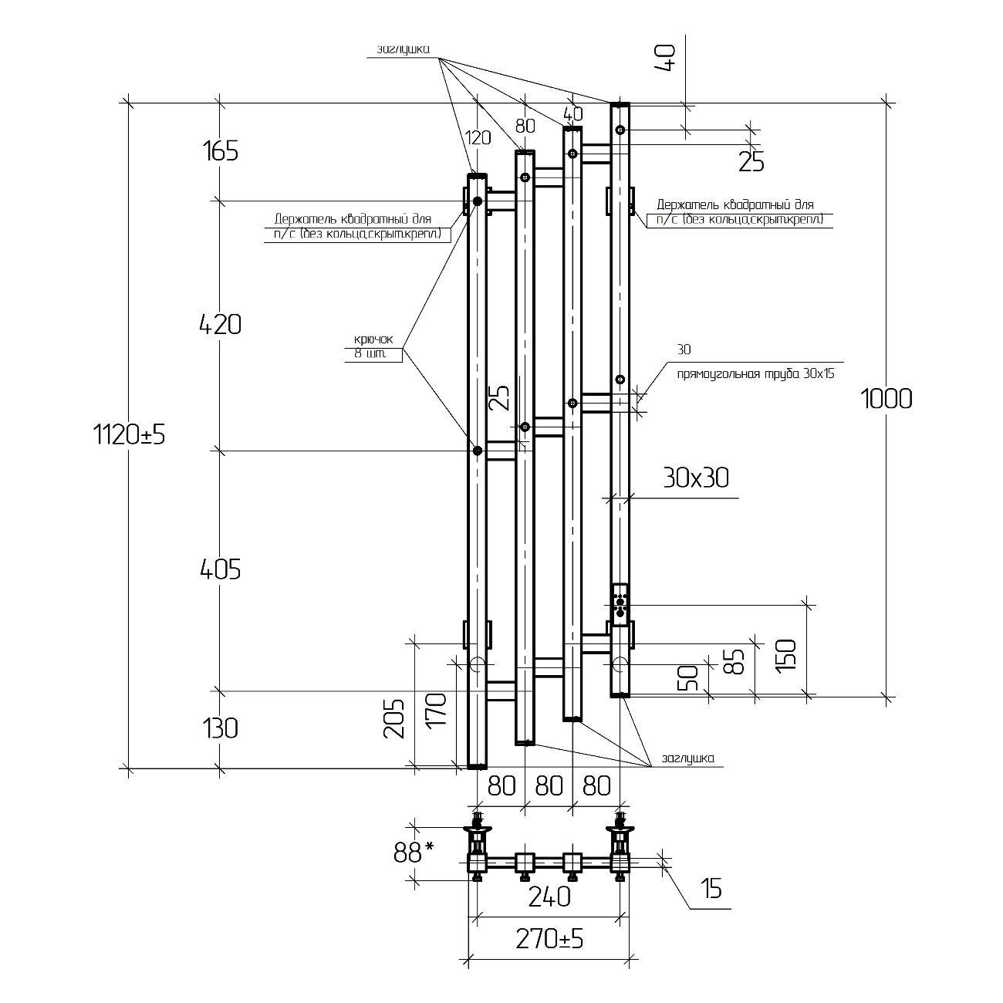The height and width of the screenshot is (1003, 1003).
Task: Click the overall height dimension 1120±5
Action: coord(130,435)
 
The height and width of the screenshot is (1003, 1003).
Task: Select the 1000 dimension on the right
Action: coord(886,399)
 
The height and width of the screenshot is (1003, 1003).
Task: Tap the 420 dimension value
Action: coord(220,325)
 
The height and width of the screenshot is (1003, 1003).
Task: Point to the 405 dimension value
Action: coord(220,569)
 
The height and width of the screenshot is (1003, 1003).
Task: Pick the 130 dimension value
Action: coord(220,728)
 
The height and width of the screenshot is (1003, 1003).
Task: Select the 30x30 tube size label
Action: coord(695,478)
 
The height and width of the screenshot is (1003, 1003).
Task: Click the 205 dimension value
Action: coord(394,718)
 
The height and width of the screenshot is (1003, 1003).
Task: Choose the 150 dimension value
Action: coord(785,656)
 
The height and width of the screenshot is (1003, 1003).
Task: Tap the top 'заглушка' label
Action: coord(403,50)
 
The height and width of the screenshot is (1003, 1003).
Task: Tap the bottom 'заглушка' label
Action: coord(687,758)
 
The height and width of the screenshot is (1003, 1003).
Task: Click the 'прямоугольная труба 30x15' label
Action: coord(755,374)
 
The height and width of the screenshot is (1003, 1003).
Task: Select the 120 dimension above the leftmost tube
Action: coord(478,138)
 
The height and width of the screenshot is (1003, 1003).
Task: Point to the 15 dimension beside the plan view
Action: coord(712,889)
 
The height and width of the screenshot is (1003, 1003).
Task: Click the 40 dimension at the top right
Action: coord(666,58)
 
